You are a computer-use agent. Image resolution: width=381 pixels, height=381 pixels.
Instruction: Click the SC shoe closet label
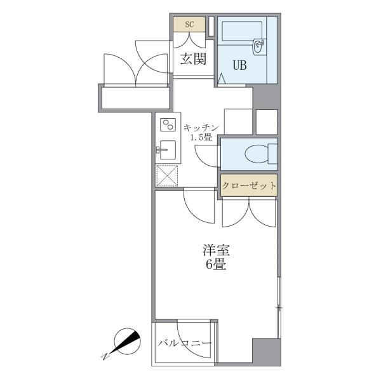pyautogui.click(x=189, y=25)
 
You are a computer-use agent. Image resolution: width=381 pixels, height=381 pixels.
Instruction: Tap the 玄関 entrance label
pyautogui.click(x=193, y=60)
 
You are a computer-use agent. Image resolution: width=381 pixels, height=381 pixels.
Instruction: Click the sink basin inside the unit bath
pyautogui.click(x=258, y=45)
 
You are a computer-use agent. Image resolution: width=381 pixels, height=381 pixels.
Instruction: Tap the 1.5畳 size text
pyautogui.click(x=201, y=138)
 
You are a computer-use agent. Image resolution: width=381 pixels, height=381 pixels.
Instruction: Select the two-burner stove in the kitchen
pyautogui.click(x=168, y=124)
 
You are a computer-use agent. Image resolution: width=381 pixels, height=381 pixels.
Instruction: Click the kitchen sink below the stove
pyautogui.click(x=167, y=150)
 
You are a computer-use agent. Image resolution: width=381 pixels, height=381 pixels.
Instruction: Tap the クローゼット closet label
pyautogui.click(x=249, y=186)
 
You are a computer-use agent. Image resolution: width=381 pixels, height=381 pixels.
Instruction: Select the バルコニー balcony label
pyautogui.click(x=184, y=344)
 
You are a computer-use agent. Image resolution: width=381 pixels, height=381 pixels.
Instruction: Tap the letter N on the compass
pyautogui.click(x=105, y=356)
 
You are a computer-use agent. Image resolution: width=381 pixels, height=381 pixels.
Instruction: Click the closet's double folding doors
pyautogui.click(x=250, y=213)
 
